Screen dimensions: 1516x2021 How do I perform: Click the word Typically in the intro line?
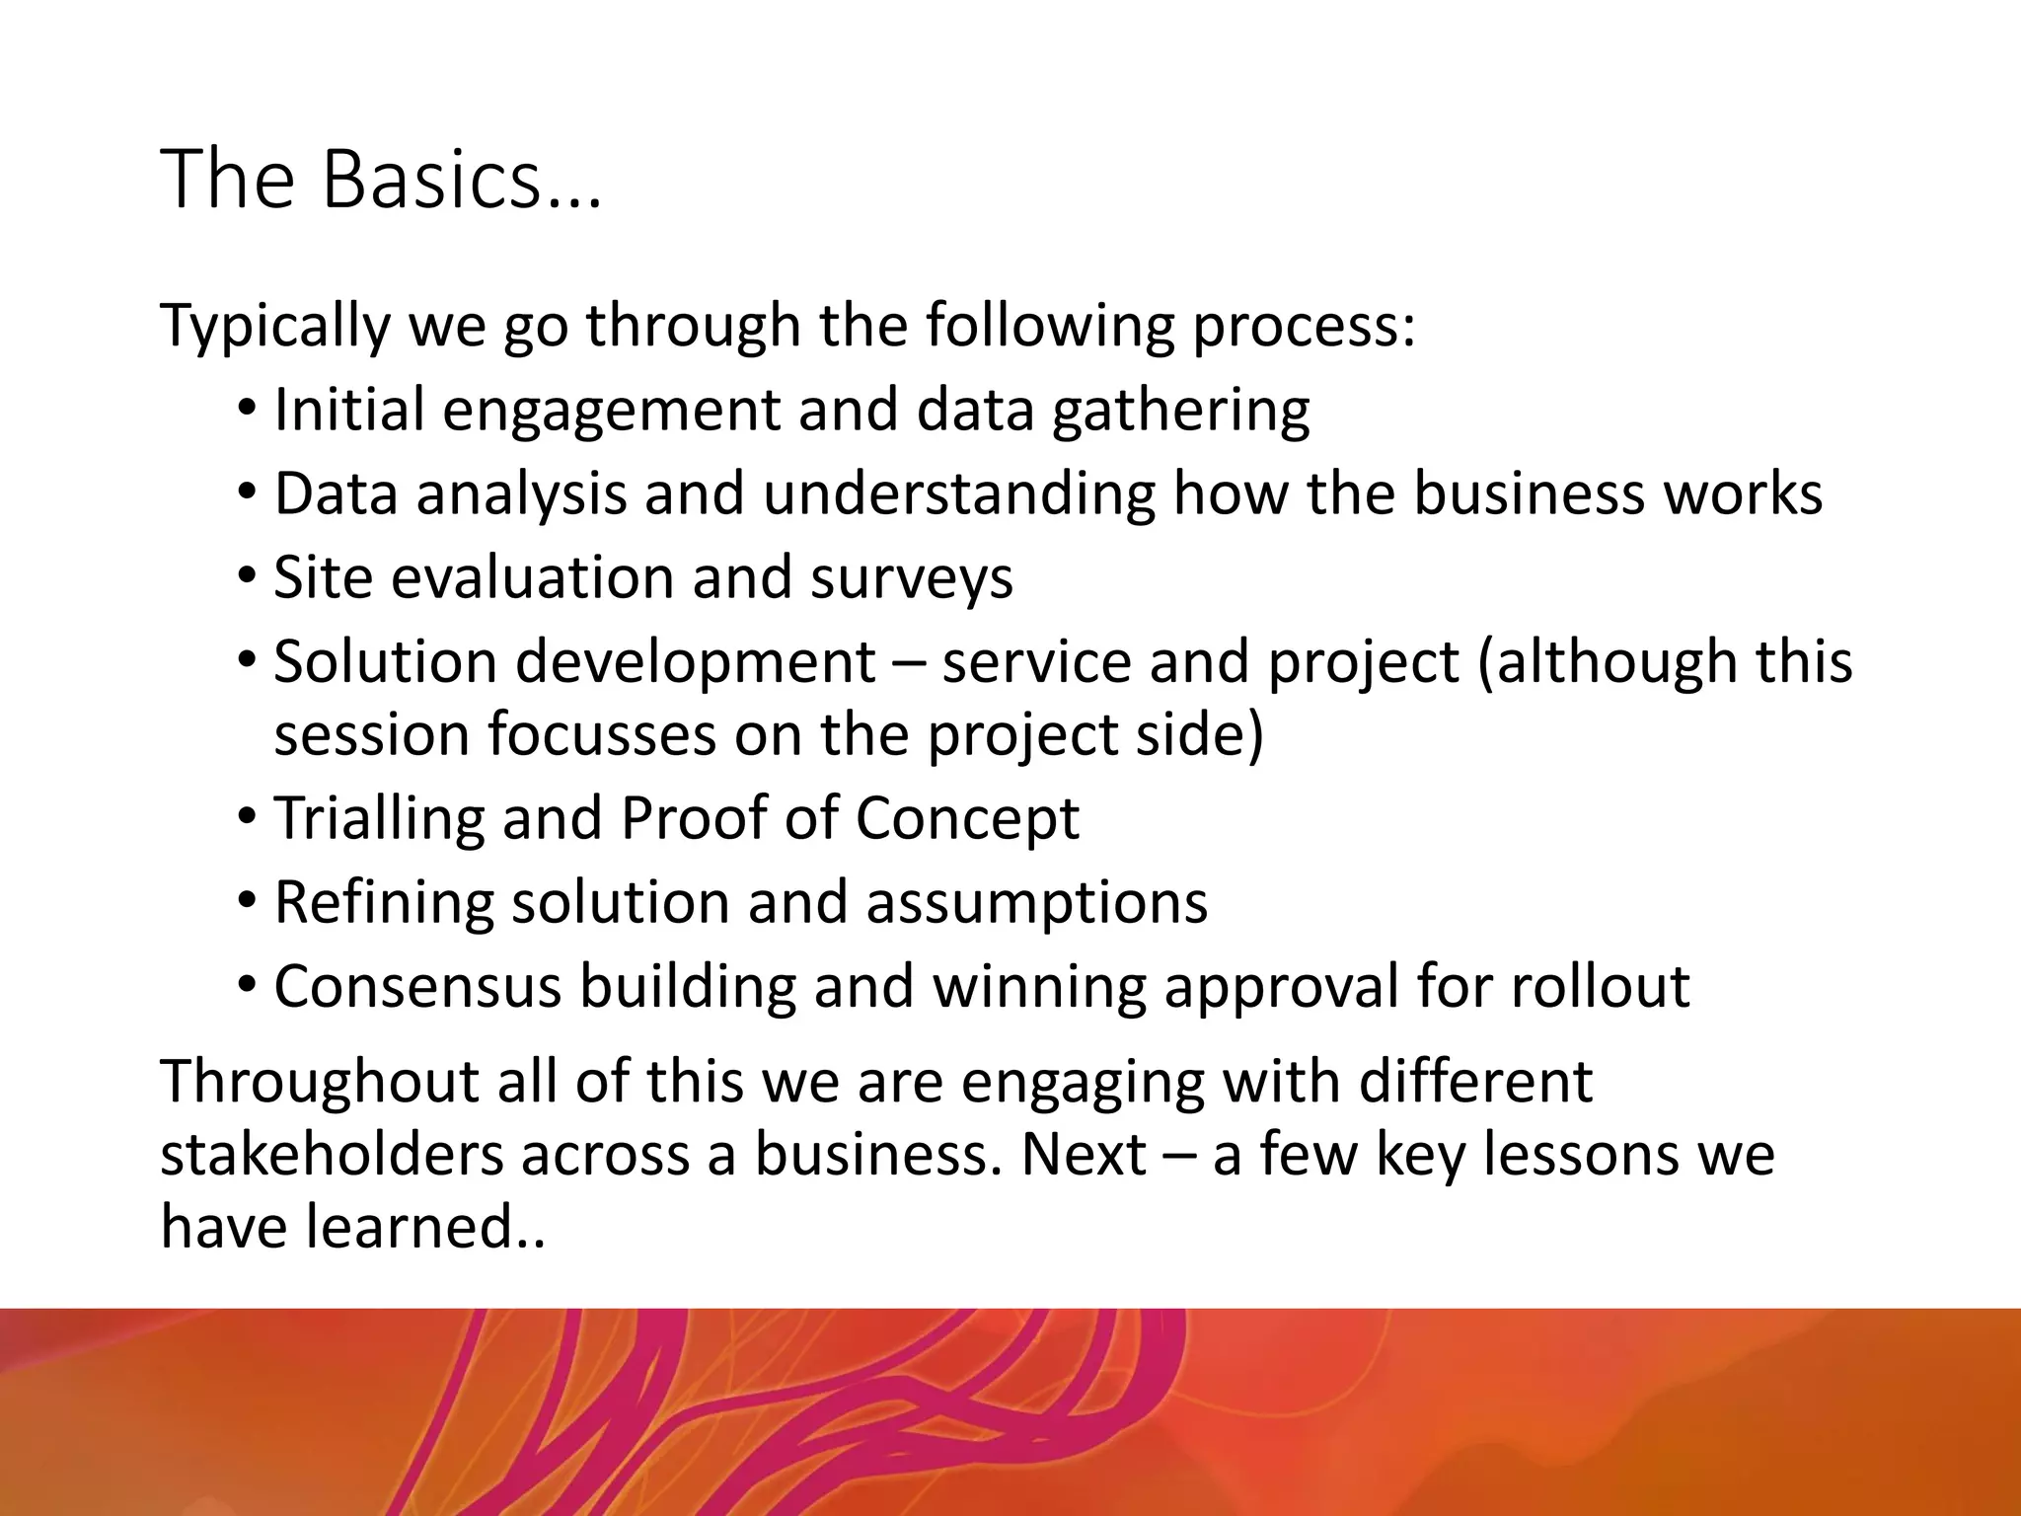click(x=274, y=326)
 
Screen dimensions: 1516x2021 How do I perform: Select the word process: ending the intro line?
click(x=1304, y=326)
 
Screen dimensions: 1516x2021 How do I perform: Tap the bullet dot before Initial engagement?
click(x=247, y=408)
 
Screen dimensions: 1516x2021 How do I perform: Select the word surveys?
click(x=911, y=577)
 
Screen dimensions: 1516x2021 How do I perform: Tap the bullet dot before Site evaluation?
click(x=247, y=575)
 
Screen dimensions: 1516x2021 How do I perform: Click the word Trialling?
click(x=378, y=818)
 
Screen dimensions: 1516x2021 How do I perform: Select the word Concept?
click(x=967, y=818)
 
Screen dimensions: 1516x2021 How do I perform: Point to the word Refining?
click(x=383, y=902)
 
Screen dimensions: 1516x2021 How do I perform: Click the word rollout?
click(x=1600, y=986)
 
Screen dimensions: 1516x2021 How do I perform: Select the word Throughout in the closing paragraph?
click(x=319, y=1081)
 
